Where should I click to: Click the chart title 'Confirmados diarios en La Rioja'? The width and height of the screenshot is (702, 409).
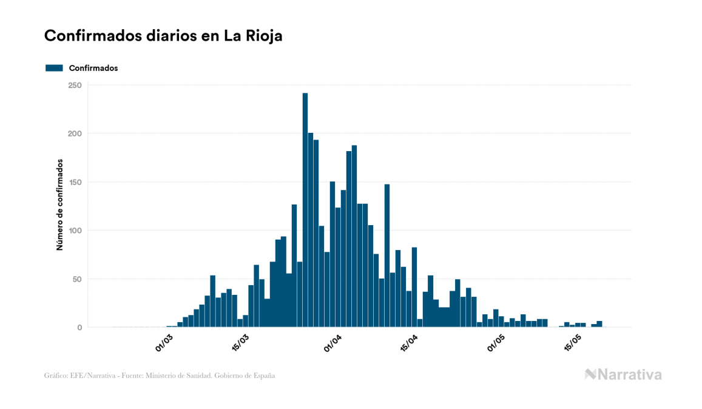[163, 36]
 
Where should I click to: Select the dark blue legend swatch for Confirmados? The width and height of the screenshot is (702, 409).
[54, 68]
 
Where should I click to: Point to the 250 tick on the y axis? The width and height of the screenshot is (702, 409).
[75, 85]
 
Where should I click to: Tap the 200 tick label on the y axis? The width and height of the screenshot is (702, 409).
[75, 134]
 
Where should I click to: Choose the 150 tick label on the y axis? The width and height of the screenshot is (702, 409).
[75, 182]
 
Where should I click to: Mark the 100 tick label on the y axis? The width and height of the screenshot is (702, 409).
[75, 231]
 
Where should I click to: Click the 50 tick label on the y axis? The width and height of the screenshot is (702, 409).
[77, 279]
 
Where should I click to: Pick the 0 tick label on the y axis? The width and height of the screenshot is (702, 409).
[79, 328]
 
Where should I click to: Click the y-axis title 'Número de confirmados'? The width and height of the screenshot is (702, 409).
[59, 205]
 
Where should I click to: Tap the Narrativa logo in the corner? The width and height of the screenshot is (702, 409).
[623, 374]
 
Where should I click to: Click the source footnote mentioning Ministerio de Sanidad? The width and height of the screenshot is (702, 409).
[160, 376]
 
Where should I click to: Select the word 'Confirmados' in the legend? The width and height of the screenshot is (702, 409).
[93, 68]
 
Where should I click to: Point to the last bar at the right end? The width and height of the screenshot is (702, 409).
[599, 324]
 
